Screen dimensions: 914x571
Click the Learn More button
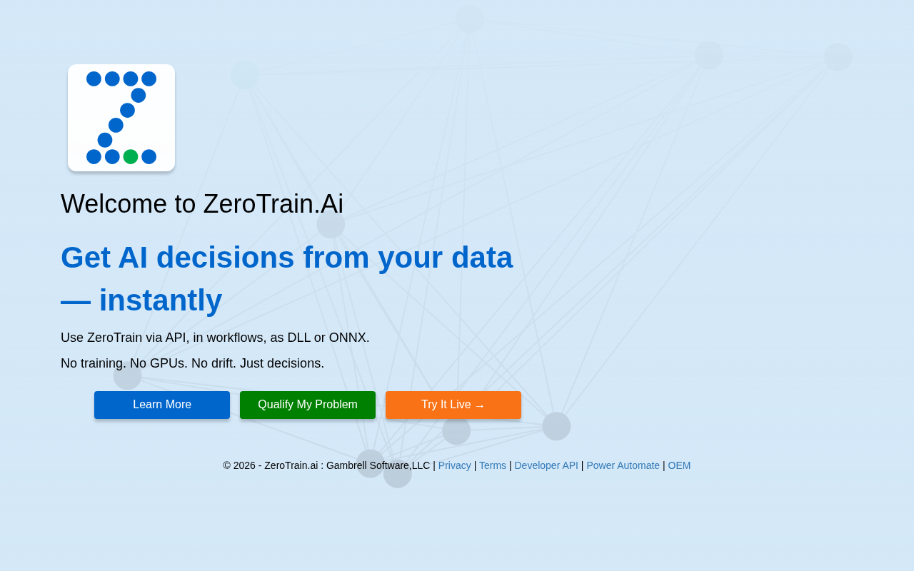pyautogui.click(x=162, y=405)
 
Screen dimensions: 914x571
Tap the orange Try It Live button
pyautogui.click(x=453, y=405)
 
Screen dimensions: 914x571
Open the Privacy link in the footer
pyautogui.click(x=455, y=465)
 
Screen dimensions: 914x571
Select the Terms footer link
pyautogui.click(x=493, y=465)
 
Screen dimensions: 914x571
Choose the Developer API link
pyautogui.click(x=546, y=465)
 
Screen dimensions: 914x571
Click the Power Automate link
pyautogui.click(x=623, y=465)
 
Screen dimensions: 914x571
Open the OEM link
pyautogui.click(x=679, y=465)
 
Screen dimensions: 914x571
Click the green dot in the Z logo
pyautogui.click(x=131, y=156)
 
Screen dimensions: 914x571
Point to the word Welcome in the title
pyautogui.click(x=114, y=203)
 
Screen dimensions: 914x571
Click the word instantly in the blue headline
pyautogui.click(x=161, y=300)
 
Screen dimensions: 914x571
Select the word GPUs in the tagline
pyautogui.click(x=167, y=363)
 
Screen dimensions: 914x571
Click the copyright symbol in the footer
pyautogui.click(x=227, y=465)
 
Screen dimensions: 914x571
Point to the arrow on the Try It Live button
pyautogui.click(x=480, y=406)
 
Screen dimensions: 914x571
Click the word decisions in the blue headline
pyautogui.click(x=225, y=258)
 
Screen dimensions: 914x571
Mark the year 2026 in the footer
pyautogui.click(x=244, y=465)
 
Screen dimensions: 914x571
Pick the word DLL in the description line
pyautogui.click(x=299, y=338)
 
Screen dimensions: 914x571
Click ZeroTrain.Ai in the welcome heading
pyautogui.click(x=273, y=203)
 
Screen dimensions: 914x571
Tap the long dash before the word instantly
pyautogui.click(x=76, y=302)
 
